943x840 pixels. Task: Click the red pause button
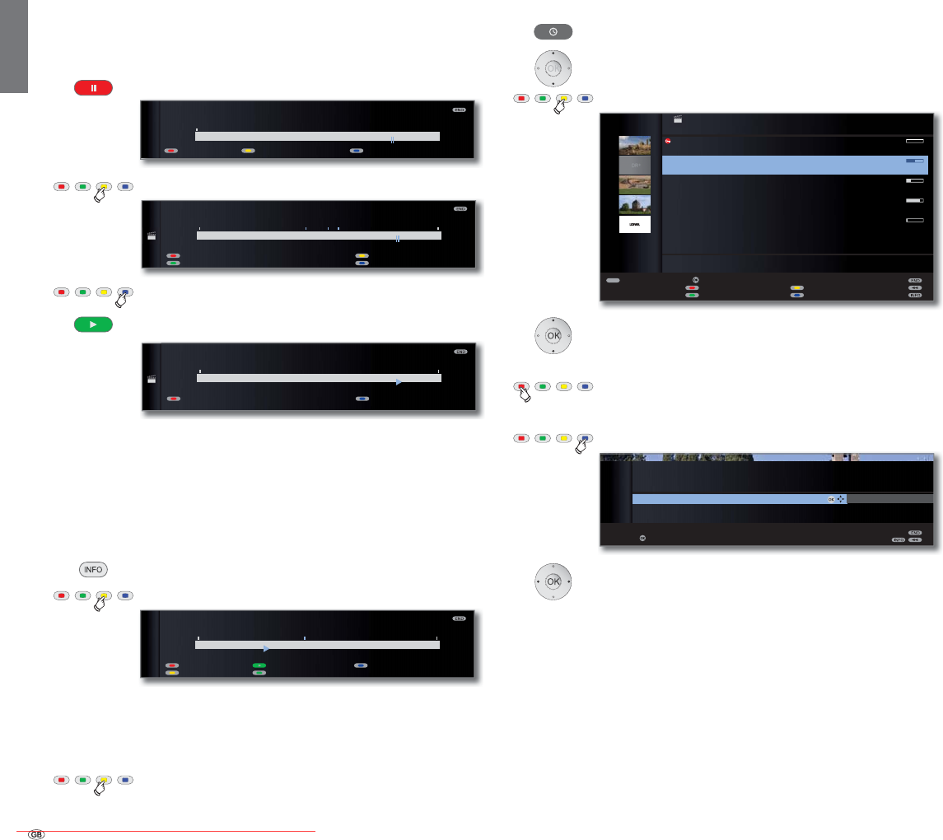(x=93, y=88)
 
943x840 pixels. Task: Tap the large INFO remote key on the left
(x=93, y=570)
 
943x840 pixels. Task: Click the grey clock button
(x=553, y=31)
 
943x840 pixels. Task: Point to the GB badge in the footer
(x=36, y=833)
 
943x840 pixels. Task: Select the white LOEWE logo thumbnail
(x=634, y=224)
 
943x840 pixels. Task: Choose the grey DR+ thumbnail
(x=634, y=165)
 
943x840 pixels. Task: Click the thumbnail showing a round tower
(x=634, y=204)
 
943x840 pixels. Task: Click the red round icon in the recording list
(x=669, y=142)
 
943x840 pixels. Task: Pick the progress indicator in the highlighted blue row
(x=914, y=161)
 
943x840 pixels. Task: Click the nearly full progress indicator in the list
(x=914, y=200)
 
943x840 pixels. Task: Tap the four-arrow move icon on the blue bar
(x=841, y=499)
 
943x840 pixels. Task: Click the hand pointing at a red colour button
(x=523, y=391)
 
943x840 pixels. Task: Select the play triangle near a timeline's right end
(x=399, y=382)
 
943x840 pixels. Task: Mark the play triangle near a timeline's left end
(x=266, y=648)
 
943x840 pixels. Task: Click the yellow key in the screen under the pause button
(x=248, y=152)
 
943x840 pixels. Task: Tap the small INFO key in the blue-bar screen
(x=899, y=540)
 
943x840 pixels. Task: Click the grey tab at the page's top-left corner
(x=14, y=45)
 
